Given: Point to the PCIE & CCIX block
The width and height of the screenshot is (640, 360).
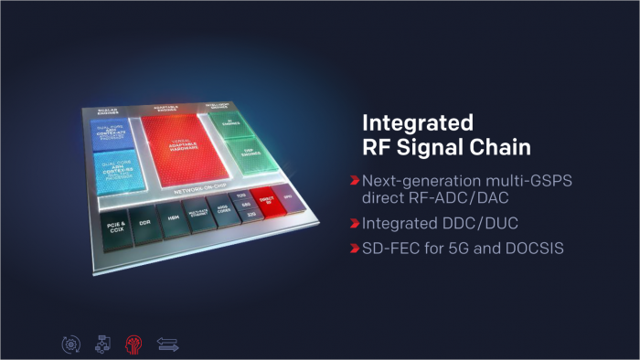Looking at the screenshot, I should tap(114, 227).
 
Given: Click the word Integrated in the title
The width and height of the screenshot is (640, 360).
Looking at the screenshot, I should tap(417, 122).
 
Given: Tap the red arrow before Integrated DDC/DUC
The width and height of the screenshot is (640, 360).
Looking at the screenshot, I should tap(354, 225).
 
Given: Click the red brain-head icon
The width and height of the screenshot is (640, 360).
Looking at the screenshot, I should tap(133, 344).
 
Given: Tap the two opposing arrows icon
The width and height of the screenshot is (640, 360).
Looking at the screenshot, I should tap(167, 344).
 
